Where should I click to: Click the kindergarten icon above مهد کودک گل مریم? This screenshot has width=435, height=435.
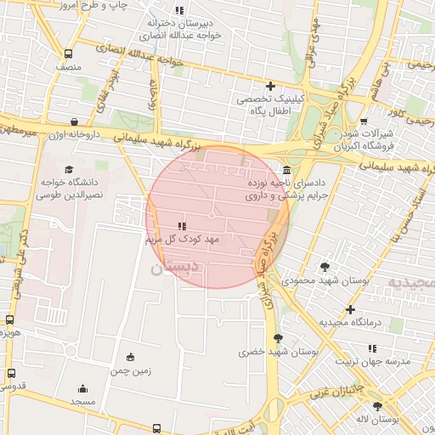pyautogui.click(x=182, y=227)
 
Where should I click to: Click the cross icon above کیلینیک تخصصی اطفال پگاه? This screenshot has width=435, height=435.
pyautogui.click(x=271, y=86)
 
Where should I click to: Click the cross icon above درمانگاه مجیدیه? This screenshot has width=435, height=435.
pyautogui.click(x=349, y=310)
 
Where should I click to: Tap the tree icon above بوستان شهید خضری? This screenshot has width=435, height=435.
pyautogui.click(x=280, y=338)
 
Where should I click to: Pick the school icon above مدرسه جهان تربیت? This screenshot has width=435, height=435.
pyautogui.click(x=371, y=348)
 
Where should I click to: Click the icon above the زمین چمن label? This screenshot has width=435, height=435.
pyautogui.click(x=130, y=358)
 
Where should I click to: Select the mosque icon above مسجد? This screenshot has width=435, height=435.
pyautogui.click(x=82, y=387)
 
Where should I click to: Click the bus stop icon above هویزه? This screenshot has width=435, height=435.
pyautogui.click(x=9, y=320)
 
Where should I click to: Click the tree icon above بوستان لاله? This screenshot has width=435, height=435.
pyautogui.click(x=376, y=406)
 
